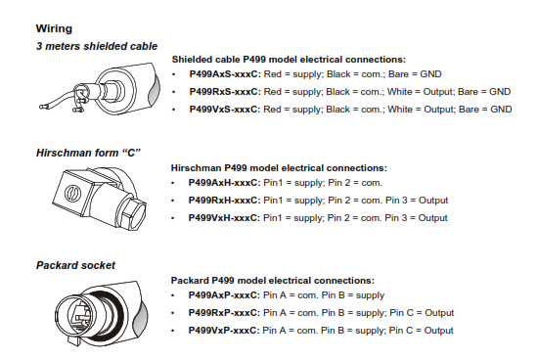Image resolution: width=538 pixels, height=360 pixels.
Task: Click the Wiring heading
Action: tap(54, 28)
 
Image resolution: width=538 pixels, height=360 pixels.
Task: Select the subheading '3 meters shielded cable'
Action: tap(97, 46)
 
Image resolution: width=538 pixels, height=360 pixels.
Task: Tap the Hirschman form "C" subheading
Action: tap(88, 153)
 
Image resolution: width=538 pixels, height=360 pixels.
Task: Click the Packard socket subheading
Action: tap(75, 265)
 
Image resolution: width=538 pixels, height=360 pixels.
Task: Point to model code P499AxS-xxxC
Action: tap(225, 74)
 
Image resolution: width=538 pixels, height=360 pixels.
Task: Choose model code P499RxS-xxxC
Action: tap(225, 92)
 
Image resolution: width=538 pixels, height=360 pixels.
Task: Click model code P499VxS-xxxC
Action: tap(225, 110)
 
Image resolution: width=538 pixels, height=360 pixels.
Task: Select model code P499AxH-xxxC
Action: tap(224, 183)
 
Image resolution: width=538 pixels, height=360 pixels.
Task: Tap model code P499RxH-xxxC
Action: tap(224, 201)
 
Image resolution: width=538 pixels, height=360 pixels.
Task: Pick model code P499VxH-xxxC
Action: tap(224, 218)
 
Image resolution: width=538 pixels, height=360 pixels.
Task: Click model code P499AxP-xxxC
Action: tap(224, 295)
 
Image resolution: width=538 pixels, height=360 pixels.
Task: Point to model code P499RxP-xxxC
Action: tap(224, 313)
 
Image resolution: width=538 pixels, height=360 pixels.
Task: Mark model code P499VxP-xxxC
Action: tap(224, 330)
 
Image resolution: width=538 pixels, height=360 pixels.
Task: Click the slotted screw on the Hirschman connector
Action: tap(72, 194)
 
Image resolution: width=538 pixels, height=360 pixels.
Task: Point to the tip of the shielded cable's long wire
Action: tap(41, 107)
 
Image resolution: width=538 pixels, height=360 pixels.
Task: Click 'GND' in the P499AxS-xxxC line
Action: tap(430, 74)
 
